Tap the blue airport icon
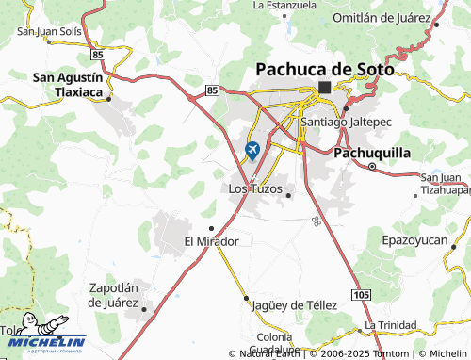pos(252,149)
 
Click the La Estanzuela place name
pos(284,5)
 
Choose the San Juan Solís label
pos(50,32)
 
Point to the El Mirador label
pos(211,241)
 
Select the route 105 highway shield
pos(363,295)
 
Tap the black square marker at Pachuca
pos(324,88)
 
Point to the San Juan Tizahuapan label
pos(443,183)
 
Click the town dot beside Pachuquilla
pos(372,167)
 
